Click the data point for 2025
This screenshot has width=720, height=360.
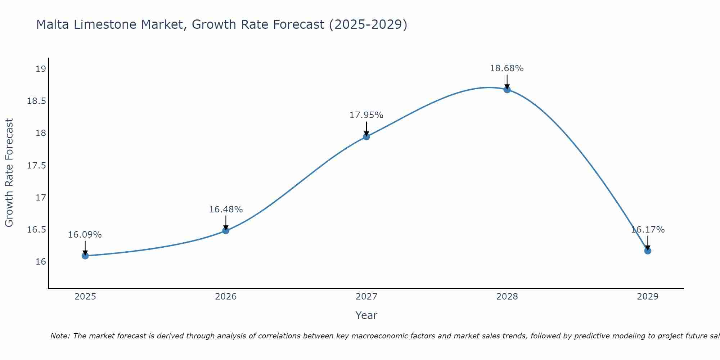pyautogui.click(x=85, y=256)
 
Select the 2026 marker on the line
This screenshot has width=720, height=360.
pyautogui.click(x=226, y=230)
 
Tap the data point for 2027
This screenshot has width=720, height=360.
pyautogui.click(x=366, y=136)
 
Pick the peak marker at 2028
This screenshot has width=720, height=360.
pyautogui.click(x=507, y=89)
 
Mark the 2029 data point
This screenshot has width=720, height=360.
pyautogui.click(x=648, y=251)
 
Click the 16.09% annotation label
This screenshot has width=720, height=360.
pyautogui.click(x=85, y=235)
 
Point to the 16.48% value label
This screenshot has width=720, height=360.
pyautogui.click(x=226, y=210)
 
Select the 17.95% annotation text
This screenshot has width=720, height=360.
pyautogui.click(x=366, y=115)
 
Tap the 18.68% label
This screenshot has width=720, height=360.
pyautogui.click(x=507, y=68)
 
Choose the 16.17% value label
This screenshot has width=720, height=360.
pyautogui.click(x=648, y=230)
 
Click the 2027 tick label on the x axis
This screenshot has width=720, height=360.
pyautogui.click(x=366, y=297)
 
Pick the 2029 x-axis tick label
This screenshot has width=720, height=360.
pyautogui.click(x=648, y=297)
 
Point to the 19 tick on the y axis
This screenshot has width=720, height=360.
pyautogui.click(x=41, y=69)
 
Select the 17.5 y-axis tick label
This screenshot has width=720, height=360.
pyautogui.click(x=37, y=165)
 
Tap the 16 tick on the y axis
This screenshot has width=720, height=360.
pyautogui.click(x=41, y=261)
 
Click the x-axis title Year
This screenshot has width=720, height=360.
pyautogui.click(x=366, y=315)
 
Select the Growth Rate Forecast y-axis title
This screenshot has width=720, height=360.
pyautogui.click(x=9, y=173)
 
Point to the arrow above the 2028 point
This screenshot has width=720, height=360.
pyautogui.click(x=507, y=81)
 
